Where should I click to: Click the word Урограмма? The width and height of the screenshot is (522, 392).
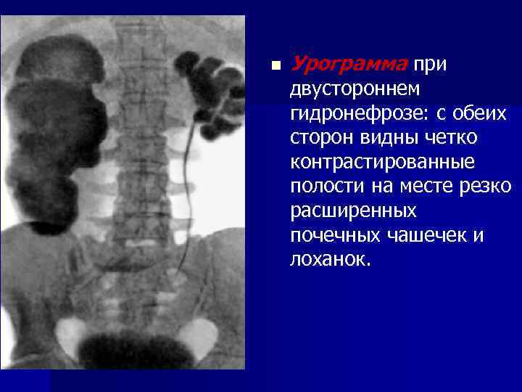pyautogui.click(x=348, y=65)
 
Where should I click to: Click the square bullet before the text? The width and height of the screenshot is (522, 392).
pyautogui.click(x=274, y=66)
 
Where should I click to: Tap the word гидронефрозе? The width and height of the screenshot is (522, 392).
pyautogui.click(x=360, y=114)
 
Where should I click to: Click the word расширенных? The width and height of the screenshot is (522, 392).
pyautogui.click(x=353, y=211)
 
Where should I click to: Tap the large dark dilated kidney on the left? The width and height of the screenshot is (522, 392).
pyautogui.click(x=62, y=131)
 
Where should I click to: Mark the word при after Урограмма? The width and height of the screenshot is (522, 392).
pyautogui.click(x=430, y=65)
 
